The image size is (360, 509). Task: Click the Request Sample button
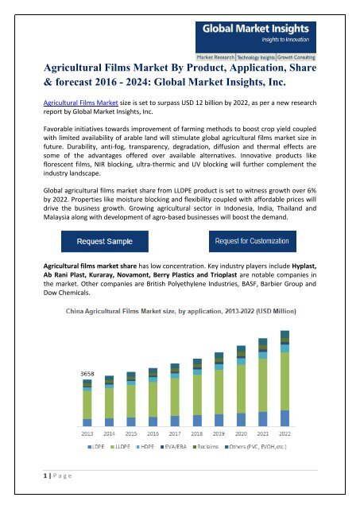105,241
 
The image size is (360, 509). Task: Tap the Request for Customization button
253,241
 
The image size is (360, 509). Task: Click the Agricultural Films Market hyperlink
80,103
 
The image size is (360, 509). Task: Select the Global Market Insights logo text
256,29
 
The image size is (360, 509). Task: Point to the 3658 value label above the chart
87,374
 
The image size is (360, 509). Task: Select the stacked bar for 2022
285,379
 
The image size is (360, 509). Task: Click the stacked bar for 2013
87,403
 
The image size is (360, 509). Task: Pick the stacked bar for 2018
197,392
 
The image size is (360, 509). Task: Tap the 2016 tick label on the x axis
153,433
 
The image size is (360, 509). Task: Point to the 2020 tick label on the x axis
241,433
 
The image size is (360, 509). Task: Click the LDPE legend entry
96,447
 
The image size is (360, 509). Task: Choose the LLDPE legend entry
120,447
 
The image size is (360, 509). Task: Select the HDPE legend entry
145,447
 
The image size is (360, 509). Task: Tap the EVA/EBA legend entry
173,447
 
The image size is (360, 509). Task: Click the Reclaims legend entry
206,447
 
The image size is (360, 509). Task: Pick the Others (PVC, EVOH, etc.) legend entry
256,447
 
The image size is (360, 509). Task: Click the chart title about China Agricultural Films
181,311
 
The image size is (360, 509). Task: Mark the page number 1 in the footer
45,476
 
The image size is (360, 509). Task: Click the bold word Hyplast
304,266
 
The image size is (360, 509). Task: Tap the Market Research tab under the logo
215,57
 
